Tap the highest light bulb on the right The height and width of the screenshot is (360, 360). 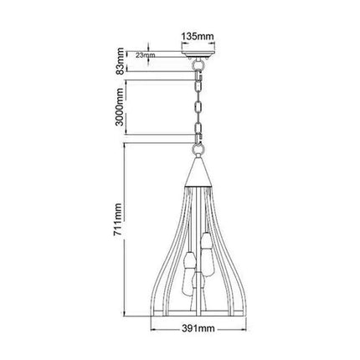coord(206,244)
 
